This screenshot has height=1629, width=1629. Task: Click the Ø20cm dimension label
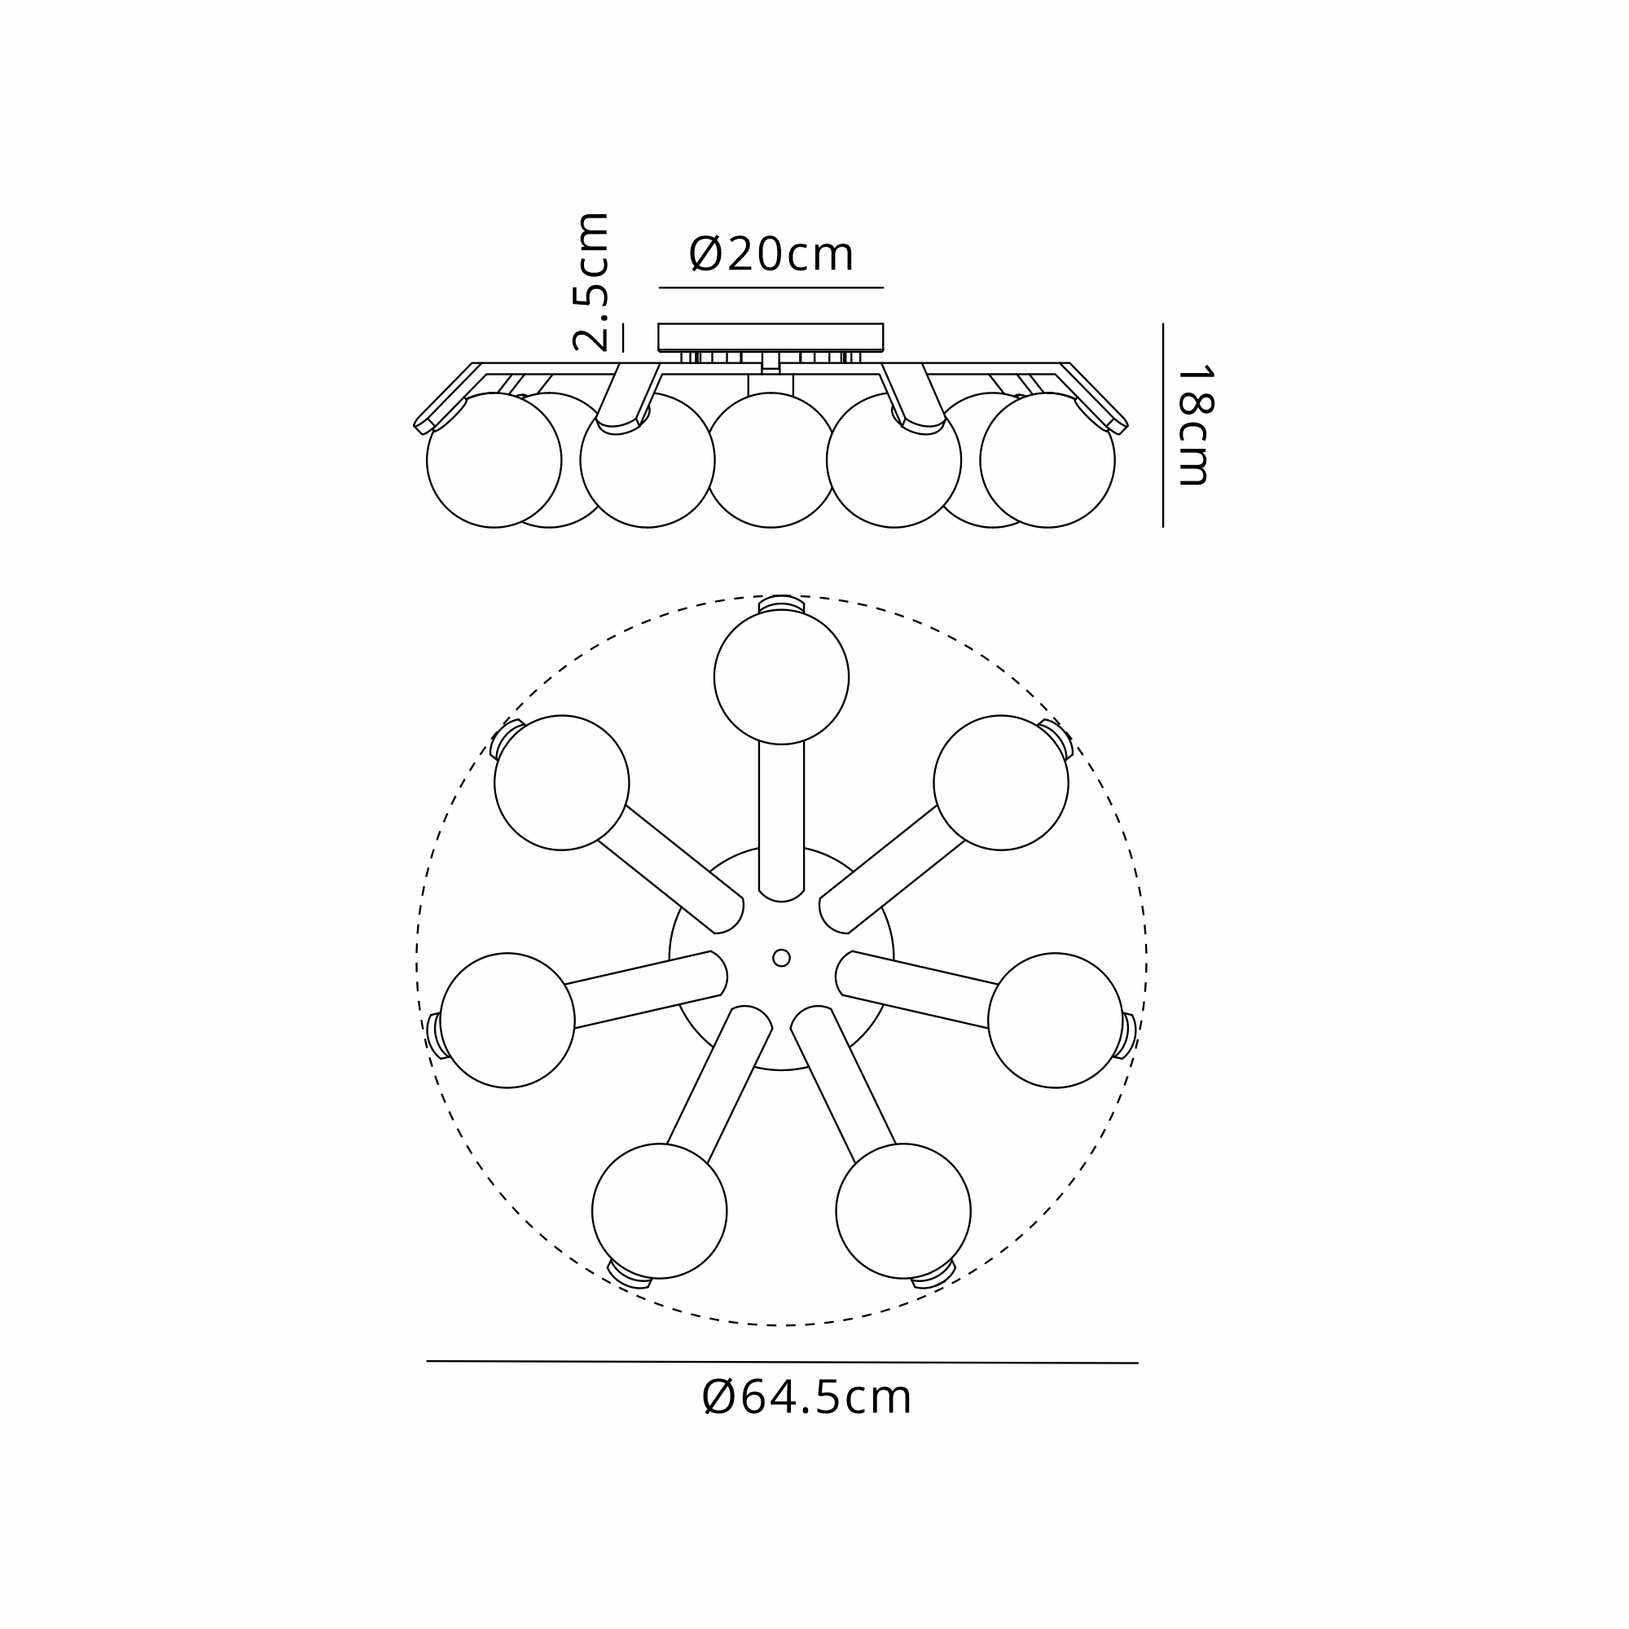click(x=771, y=255)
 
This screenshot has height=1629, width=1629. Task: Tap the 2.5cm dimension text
click(x=591, y=283)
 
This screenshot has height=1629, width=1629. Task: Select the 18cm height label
click(x=1194, y=426)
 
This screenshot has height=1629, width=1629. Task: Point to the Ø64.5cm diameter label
click(x=806, y=1398)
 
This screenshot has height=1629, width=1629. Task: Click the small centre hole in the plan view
click(x=782, y=958)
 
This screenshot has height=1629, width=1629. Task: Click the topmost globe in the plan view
click(x=782, y=677)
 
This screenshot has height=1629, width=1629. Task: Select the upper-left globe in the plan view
click(x=561, y=783)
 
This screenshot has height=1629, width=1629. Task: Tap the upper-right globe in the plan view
click(x=1001, y=783)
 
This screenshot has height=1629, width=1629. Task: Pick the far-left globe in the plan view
click(x=507, y=1021)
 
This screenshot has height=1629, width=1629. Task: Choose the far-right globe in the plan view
click(x=1056, y=1021)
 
